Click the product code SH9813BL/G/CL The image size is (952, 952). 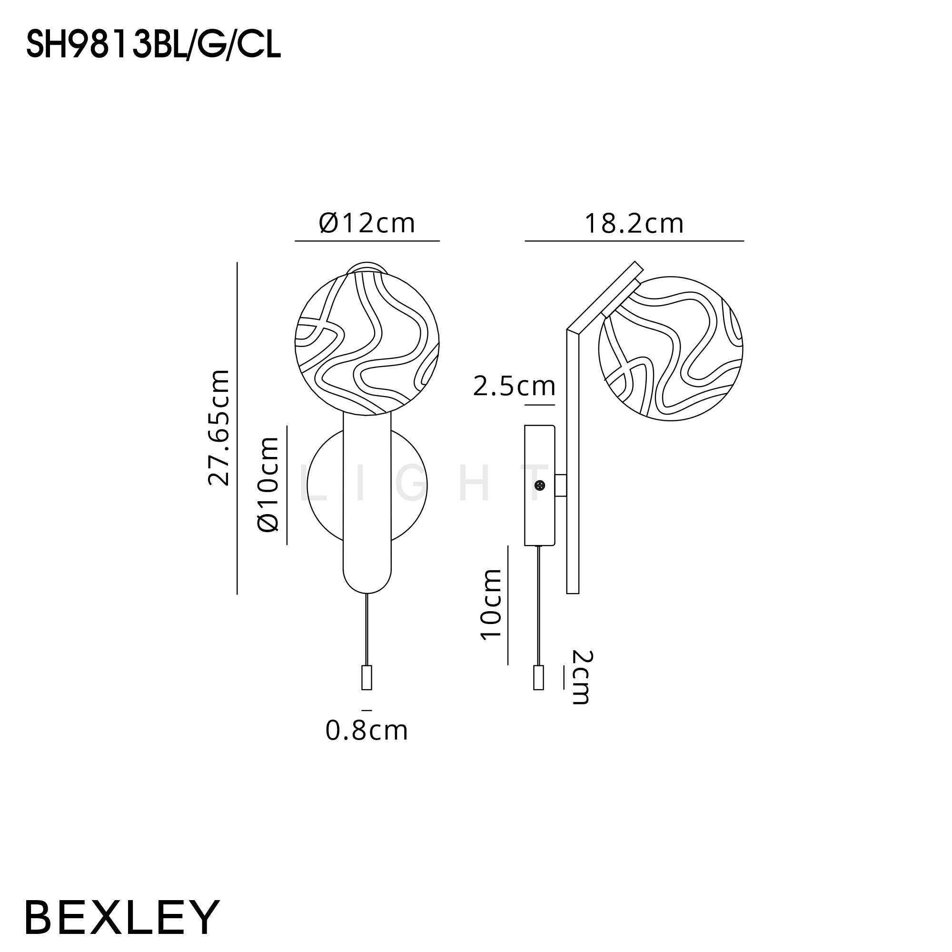(x=153, y=45)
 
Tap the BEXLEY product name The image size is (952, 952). (x=122, y=918)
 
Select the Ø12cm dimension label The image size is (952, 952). (x=367, y=223)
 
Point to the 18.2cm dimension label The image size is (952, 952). (x=634, y=224)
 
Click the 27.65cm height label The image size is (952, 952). (x=219, y=428)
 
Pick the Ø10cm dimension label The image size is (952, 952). (x=268, y=485)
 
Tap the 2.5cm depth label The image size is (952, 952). (x=514, y=386)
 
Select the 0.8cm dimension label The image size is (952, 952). (x=367, y=731)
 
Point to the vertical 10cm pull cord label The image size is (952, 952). (x=491, y=605)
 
